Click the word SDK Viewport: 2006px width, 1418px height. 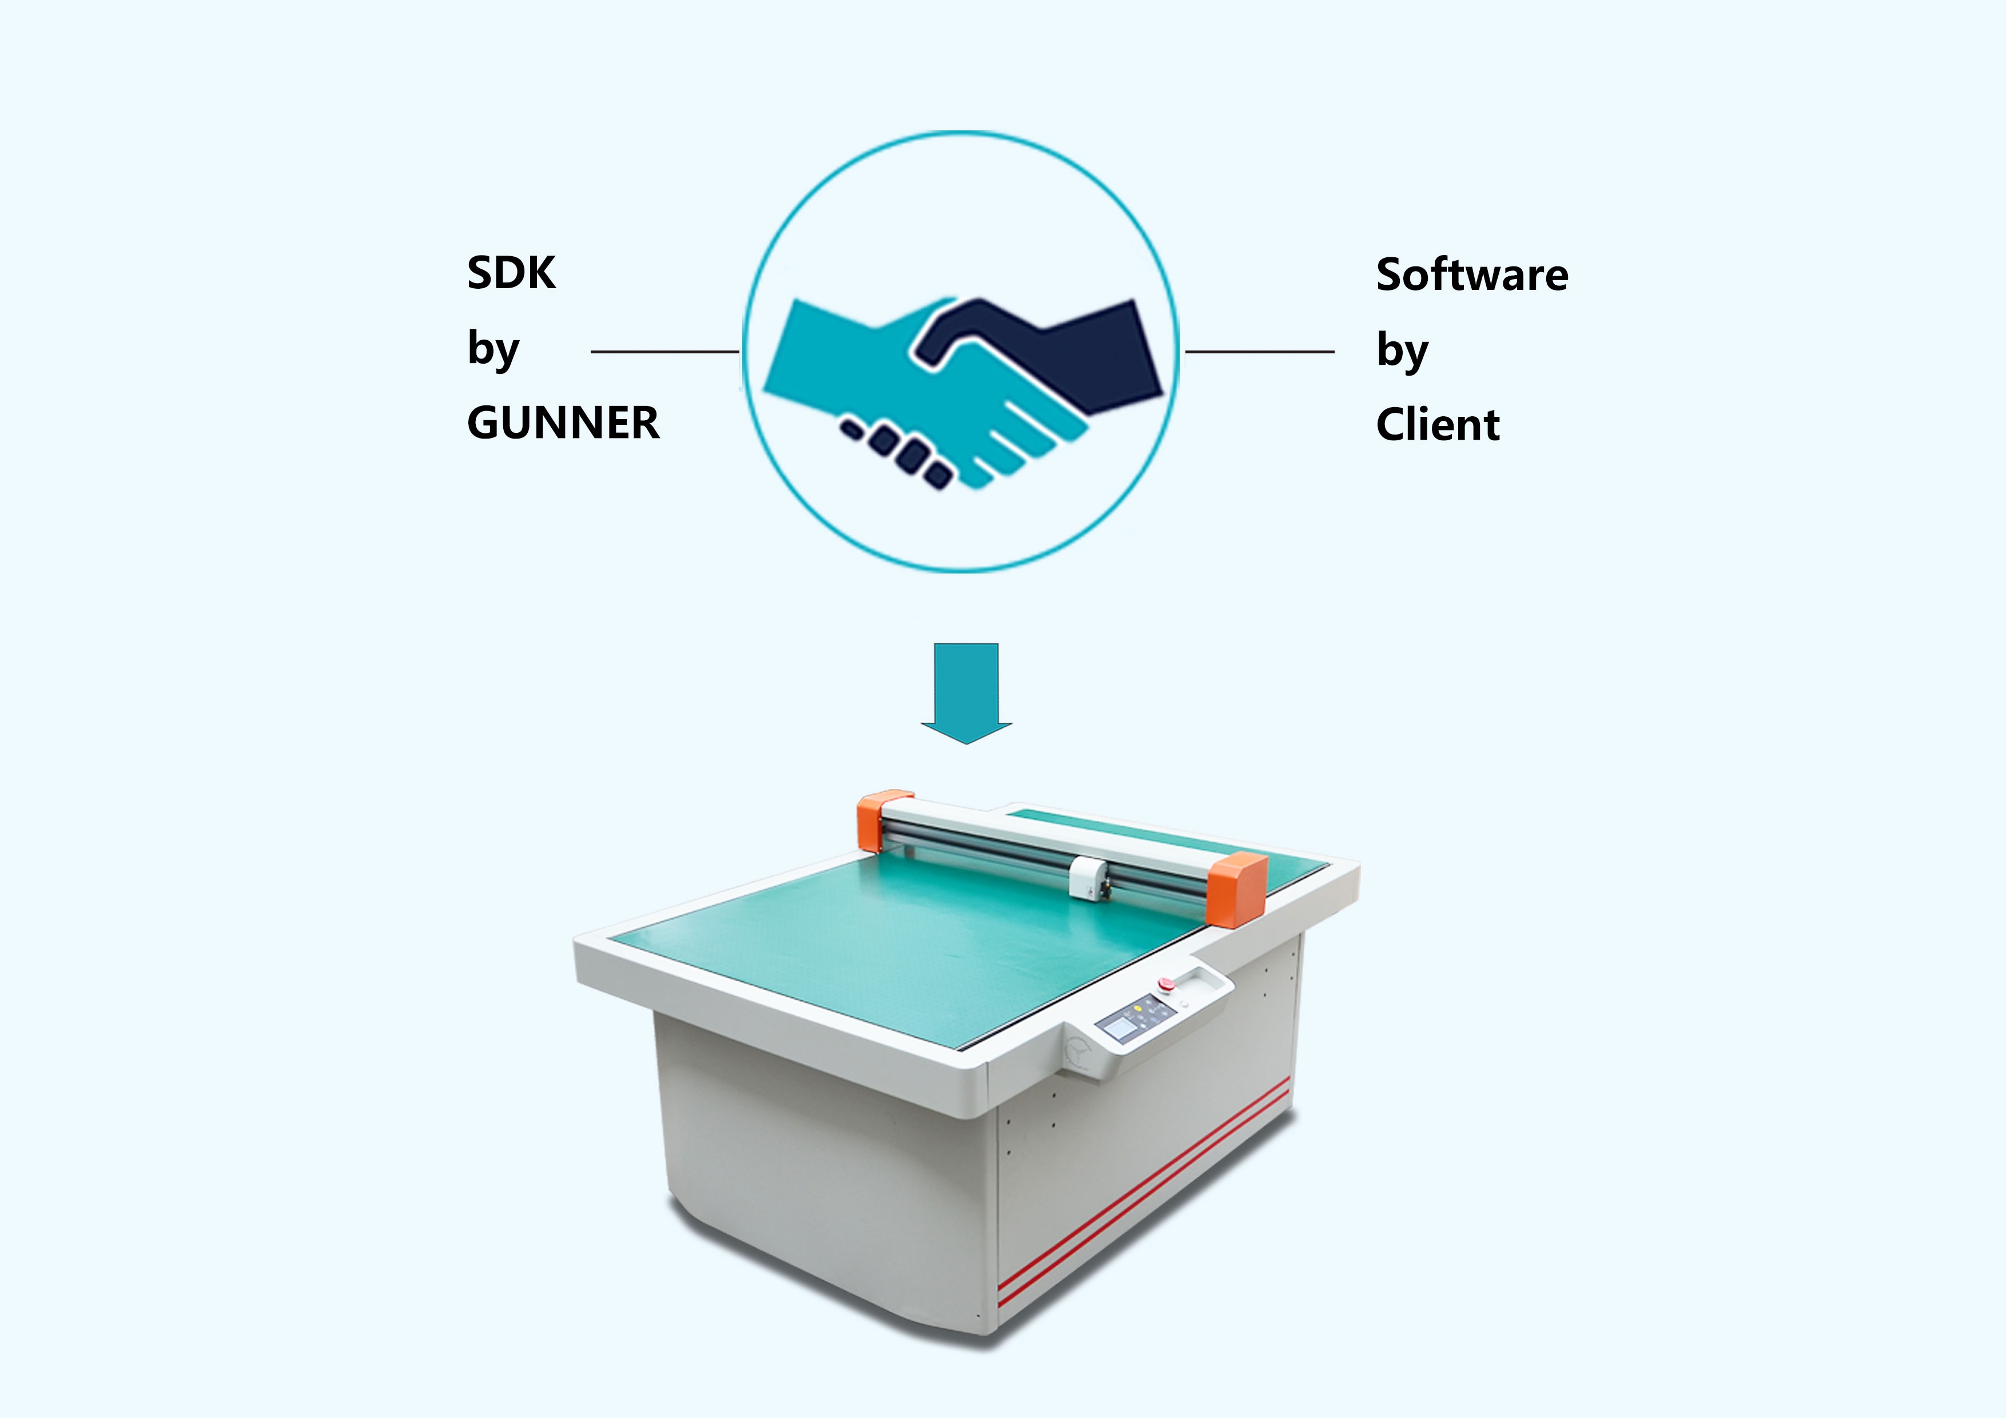click(511, 273)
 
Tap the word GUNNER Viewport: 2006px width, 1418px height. click(563, 423)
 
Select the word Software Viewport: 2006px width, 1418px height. click(1472, 274)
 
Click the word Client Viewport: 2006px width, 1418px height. click(1438, 425)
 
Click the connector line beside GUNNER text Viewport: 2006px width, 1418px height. click(665, 351)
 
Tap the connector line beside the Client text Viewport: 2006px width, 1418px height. click(1259, 351)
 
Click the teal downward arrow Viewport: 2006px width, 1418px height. click(966, 694)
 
